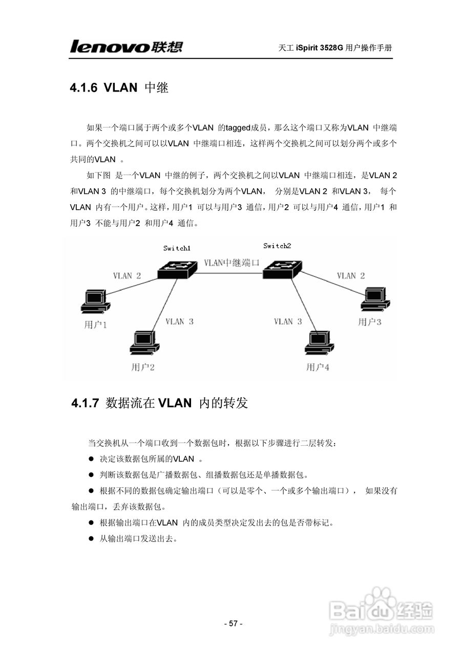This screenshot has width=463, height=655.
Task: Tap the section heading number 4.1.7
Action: (x=85, y=403)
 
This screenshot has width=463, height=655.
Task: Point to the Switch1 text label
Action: (x=177, y=248)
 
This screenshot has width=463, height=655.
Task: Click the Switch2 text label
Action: (x=277, y=246)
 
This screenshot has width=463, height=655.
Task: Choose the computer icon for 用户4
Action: (x=318, y=342)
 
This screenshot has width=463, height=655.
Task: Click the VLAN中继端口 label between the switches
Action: (x=231, y=263)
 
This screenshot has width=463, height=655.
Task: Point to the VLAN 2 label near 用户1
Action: (x=127, y=276)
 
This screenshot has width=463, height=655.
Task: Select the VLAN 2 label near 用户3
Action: (x=350, y=276)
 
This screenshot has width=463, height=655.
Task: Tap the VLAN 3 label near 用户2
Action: (x=179, y=322)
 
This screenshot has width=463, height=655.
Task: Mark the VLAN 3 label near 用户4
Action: (x=288, y=321)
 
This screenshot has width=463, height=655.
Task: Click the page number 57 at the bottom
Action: (x=233, y=623)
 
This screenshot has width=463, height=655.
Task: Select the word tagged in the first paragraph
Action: (x=237, y=127)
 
